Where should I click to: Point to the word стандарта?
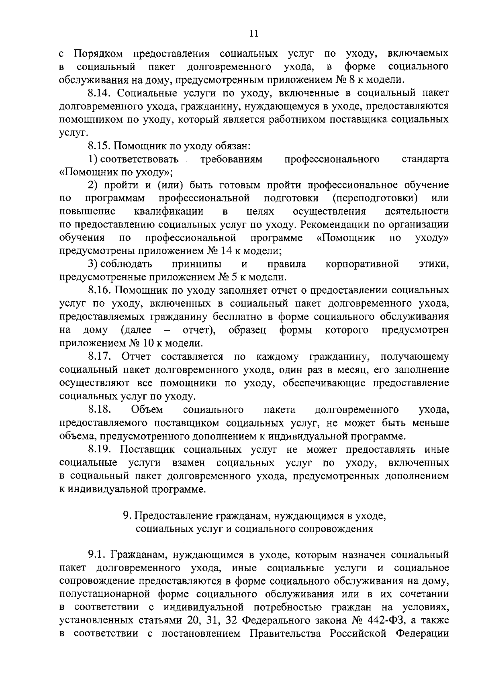(x=425, y=159)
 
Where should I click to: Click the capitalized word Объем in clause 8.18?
(x=147, y=409)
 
